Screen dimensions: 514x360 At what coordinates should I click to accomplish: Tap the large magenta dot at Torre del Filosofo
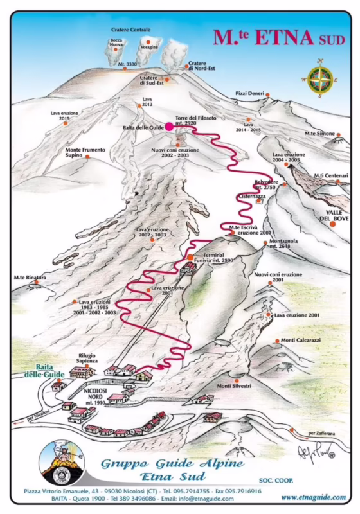coord(170,127)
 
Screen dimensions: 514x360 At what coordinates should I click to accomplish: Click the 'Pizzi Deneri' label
coord(250,93)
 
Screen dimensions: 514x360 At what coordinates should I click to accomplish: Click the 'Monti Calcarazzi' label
coord(298,341)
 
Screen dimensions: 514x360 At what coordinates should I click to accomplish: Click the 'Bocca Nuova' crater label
coord(116,43)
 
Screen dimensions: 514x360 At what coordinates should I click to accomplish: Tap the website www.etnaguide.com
coord(313,497)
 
